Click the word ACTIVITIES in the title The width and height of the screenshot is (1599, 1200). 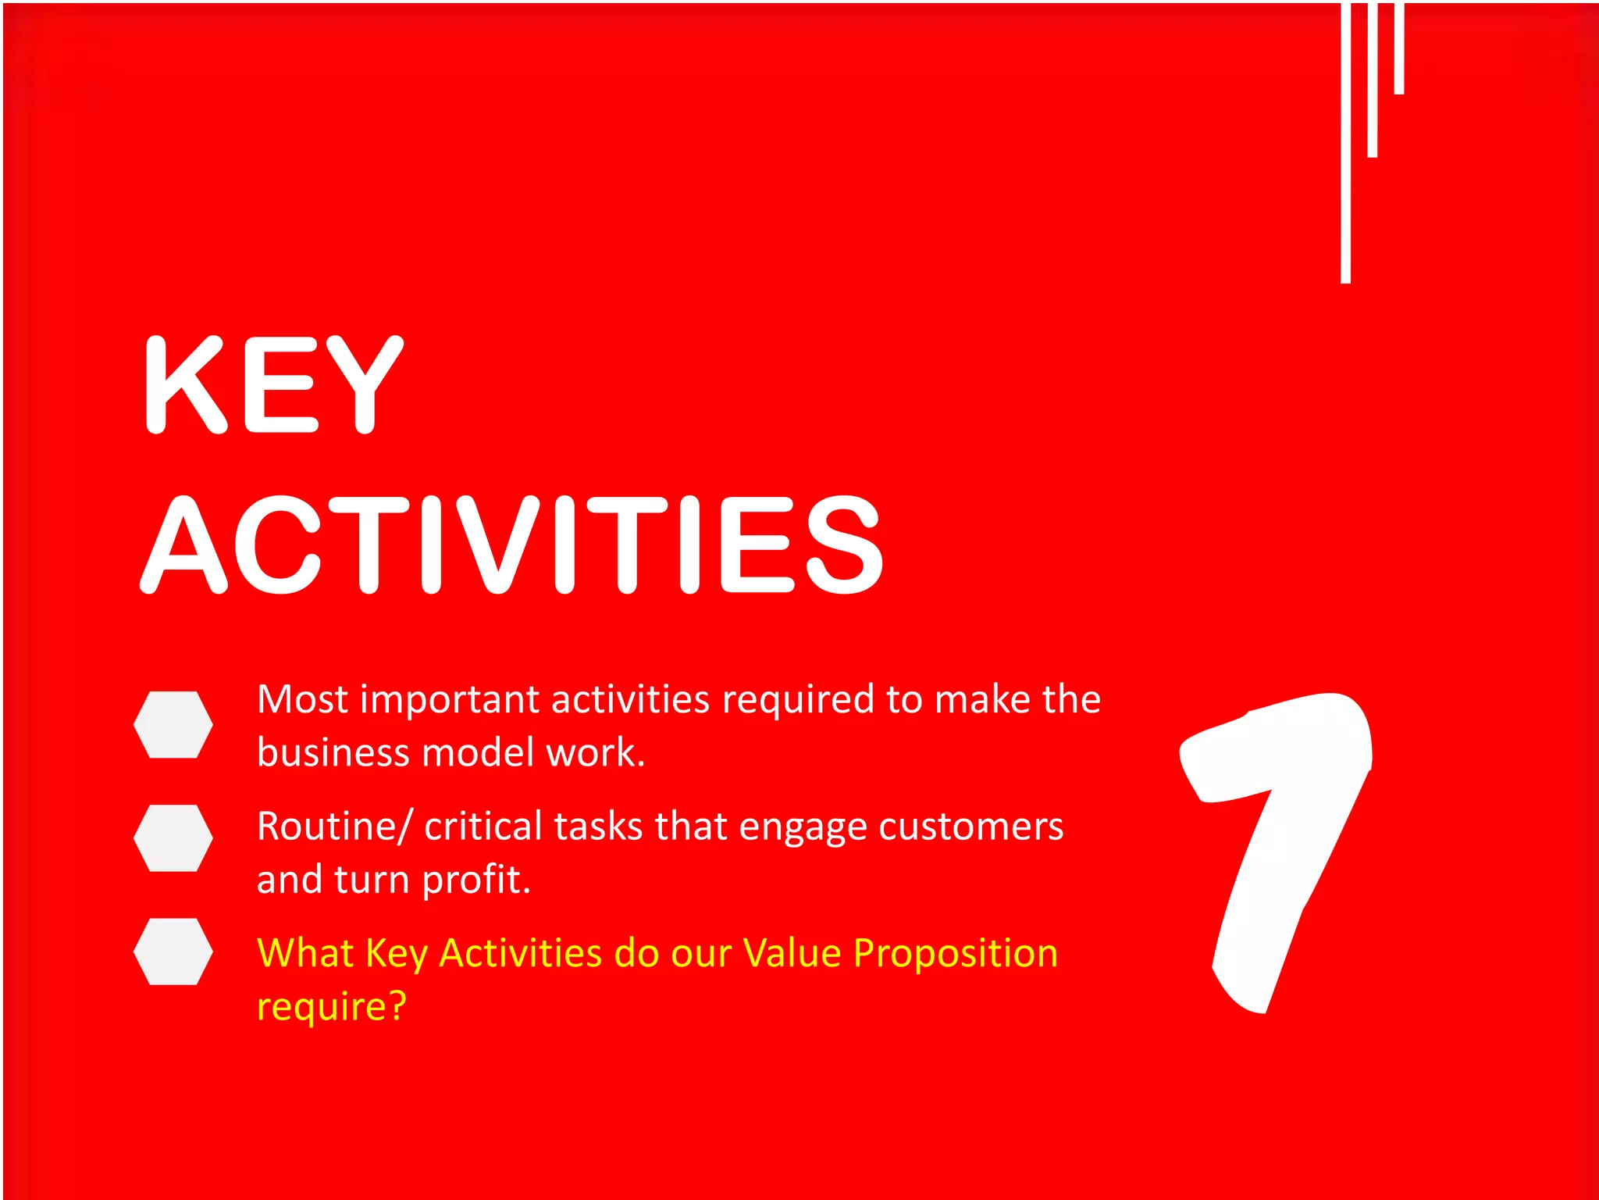511,545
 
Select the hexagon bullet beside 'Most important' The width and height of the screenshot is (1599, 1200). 173,724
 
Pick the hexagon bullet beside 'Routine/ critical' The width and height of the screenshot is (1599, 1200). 173,837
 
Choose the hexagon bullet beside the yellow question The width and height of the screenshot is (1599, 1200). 173,951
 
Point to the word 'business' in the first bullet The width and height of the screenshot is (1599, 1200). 333,752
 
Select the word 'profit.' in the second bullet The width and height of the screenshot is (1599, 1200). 475,880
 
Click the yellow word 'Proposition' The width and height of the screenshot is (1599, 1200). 955,953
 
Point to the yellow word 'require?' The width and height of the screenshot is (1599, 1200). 332,1006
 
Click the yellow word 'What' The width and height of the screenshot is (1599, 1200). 305,953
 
